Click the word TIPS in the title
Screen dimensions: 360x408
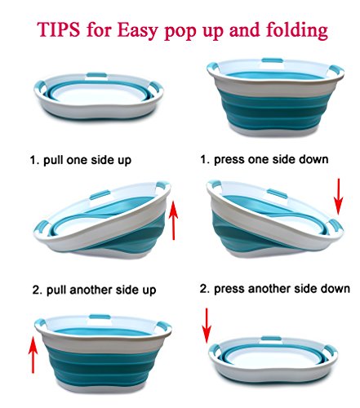[59, 29]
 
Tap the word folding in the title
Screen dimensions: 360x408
[297, 31]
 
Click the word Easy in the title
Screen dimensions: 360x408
[137, 31]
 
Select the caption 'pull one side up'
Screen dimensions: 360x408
[87, 160]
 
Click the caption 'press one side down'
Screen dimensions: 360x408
[271, 159]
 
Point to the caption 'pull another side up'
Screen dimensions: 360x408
[101, 290]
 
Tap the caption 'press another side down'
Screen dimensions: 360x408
[282, 289]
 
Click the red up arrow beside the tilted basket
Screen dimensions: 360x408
[173, 220]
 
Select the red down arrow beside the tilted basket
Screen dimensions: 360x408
[338, 197]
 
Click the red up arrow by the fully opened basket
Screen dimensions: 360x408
[33, 355]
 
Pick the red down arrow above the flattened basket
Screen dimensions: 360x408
[207, 326]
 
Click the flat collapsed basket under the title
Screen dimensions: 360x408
[99, 96]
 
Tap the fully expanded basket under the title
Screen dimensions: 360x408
[275, 97]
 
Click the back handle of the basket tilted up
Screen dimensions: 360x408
[100, 195]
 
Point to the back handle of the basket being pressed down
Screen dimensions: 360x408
[277, 193]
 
